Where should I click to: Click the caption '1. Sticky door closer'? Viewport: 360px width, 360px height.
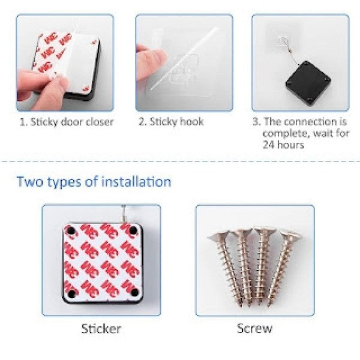click(x=65, y=122)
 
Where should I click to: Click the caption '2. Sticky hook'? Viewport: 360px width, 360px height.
click(x=172, y=122)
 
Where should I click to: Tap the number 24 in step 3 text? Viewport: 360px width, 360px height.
click(x=269, y=145)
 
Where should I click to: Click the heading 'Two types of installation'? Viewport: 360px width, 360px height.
click(x=94, y=181)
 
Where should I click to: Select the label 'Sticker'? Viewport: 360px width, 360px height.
click(x=101, y=328)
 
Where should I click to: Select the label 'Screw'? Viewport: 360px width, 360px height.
click(x=254, y=328)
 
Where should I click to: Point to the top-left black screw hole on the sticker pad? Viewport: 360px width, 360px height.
click(x=71, y=231)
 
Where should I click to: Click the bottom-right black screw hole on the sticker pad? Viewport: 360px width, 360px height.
click(x=134, y=293)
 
